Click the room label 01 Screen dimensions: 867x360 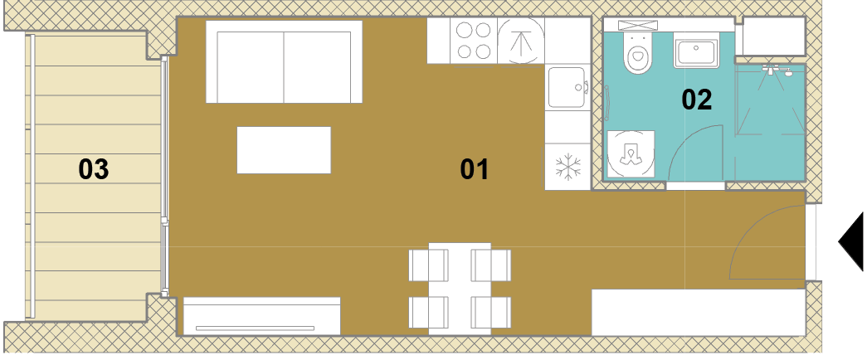click(475, 169)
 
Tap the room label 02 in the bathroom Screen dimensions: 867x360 click(697, 100)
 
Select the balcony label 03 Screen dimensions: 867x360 click(94, 169)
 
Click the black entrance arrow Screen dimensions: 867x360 click(851, 241)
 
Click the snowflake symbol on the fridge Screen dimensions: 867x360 click(568, 167)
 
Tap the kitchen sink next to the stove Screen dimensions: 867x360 click(567, 87)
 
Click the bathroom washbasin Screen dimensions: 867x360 click(697, 51)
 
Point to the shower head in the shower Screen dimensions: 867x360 click(777, 70)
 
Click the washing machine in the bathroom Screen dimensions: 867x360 click(631, 153)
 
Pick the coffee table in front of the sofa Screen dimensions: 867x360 click(285, 150)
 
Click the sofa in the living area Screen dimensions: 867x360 click(285, 61)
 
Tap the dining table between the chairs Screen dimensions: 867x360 click(460, 289)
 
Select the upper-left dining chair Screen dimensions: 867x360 click(429, 265)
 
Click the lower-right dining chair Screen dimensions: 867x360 click(491, 313)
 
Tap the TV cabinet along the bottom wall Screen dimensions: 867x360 click(262, 316)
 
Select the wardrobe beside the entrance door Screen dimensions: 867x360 click(699, 313)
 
